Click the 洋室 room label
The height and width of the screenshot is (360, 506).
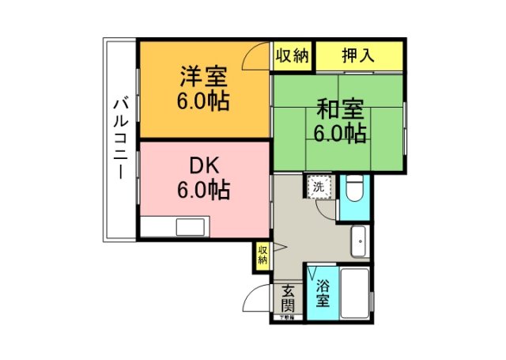pyautogui.click(x=203, y=78)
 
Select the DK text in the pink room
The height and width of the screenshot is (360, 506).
pyautogui.click(x=203, y=166)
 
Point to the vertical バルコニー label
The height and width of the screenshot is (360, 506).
pyautogui.click(x=121, y=138)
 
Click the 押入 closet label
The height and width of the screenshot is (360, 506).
pyautogui.click(x=359, y=56)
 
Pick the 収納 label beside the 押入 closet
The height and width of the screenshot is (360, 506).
pyautogui.click(x=293, y=56)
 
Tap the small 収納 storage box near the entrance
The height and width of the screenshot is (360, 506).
pyautogui.click(x=262, y=256)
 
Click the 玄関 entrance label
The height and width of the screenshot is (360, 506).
pyautogui.click(x=288, y=299)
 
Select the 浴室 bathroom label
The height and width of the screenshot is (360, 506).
pyautogui.click(x=323, y=292)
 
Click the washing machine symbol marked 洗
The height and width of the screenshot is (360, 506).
pyautogui.click(x=318, y=188)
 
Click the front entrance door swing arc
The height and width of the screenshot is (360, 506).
pyautogui.click(x=256, y=299)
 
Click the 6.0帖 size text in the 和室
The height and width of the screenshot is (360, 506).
pyautogui.click(x=340, y=133)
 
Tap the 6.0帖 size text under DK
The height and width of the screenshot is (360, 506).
pyautogui.click(x=203, y=191)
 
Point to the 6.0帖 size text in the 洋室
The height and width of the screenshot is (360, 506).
pyautogui.click(x=203, y=102)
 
